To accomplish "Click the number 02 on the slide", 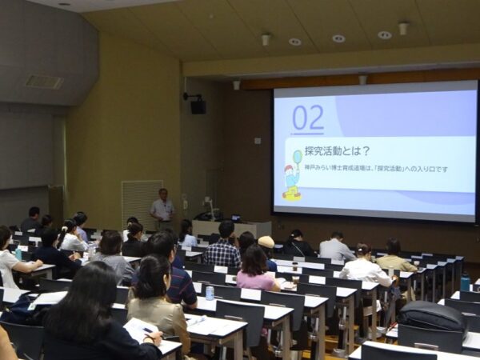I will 308,118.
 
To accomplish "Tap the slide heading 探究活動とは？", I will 338,150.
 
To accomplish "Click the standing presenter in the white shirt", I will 162,210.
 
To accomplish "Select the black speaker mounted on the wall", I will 198,106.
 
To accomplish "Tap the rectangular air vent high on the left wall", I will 43,82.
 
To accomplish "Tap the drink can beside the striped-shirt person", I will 210,293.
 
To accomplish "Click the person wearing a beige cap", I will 266,243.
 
